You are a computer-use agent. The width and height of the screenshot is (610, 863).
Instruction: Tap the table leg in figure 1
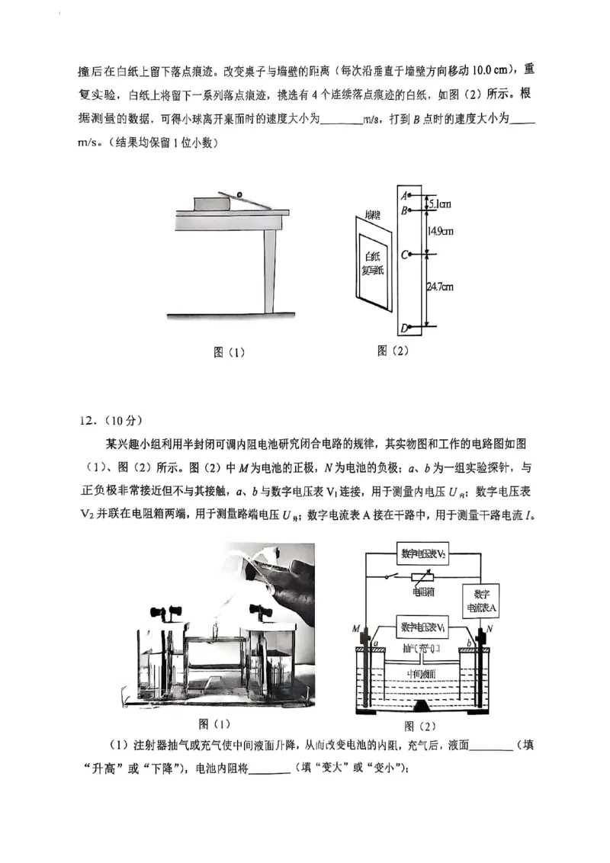point(269,271)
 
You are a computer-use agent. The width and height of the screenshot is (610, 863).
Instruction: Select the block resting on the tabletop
point(213,203)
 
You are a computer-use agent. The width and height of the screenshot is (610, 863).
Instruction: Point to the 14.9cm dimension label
point(441,230)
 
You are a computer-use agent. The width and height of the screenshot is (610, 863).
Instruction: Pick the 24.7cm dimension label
point(439,287)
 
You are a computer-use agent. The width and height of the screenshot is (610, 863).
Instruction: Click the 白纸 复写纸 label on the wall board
point(374,263)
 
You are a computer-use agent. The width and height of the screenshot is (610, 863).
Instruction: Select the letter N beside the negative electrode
point(490,628)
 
